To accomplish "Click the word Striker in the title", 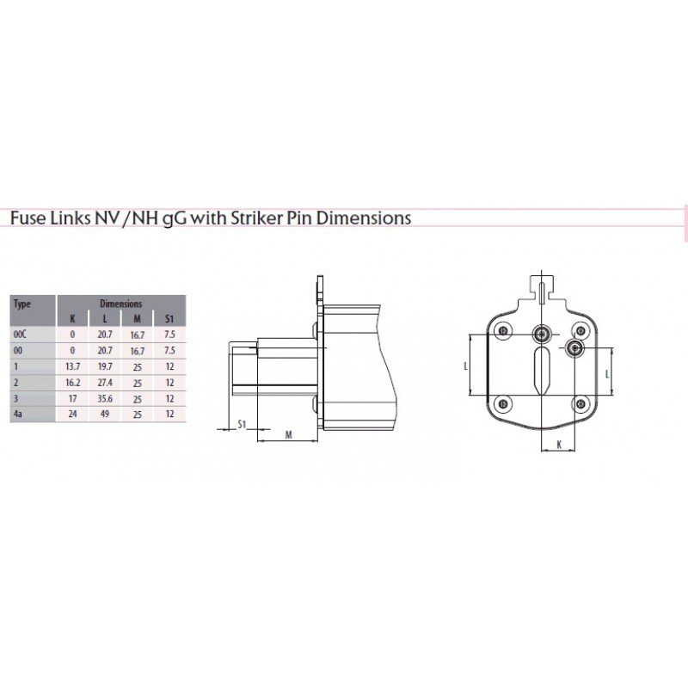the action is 257,218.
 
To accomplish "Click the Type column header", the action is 22,304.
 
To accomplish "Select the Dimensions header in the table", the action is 121,304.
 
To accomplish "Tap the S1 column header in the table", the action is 169,319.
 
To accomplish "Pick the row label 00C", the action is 20,335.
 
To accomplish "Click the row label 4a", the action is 17,414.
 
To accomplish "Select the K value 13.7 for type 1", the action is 73,366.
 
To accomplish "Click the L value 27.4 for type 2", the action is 105,382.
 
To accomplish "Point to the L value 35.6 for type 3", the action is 105,398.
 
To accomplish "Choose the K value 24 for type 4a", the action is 73,414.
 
